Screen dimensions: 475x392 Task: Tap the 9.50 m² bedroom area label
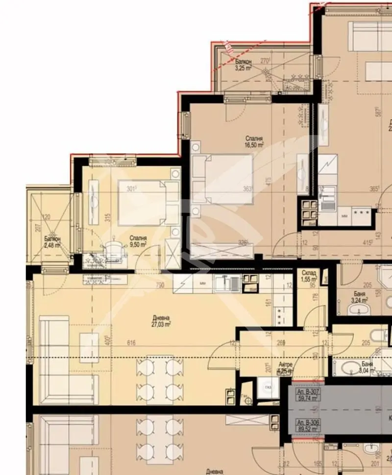139,240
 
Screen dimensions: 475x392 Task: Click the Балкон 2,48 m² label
51,242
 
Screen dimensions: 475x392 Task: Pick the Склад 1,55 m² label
309,276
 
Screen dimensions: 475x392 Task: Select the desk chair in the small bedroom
113,246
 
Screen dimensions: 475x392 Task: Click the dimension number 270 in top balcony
265,61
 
